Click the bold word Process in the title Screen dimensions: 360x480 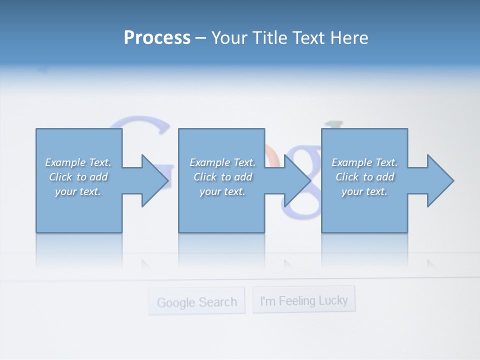[157, 37]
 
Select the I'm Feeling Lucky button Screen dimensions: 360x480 [304, 300]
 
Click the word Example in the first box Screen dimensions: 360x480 [65, 162]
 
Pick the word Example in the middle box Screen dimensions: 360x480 [209, 162]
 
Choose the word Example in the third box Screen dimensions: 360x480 [351, 162]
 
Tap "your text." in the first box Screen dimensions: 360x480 [78, 191]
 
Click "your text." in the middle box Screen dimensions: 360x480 [222, 191]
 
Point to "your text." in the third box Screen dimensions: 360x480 [364, 191]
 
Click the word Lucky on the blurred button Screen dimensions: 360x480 [331, 300]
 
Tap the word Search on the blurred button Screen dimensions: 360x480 [216, 302]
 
